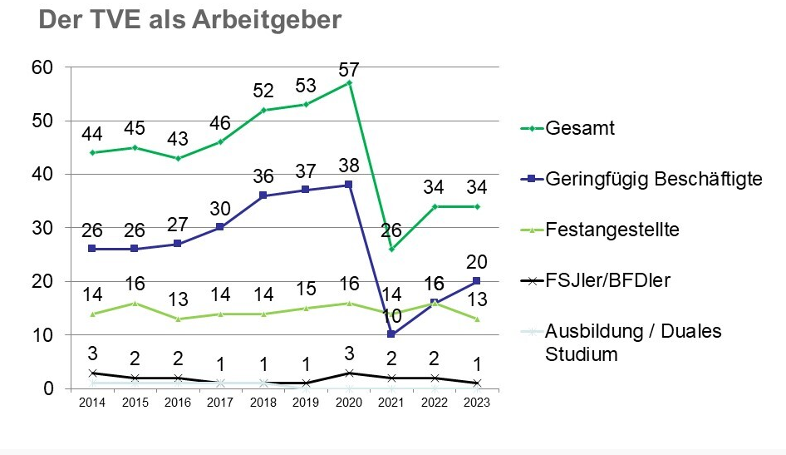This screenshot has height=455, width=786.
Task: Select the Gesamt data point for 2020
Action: coord(349,82)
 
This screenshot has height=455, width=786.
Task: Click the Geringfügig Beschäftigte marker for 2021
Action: coord(391,334)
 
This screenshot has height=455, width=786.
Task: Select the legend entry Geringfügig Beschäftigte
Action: coord(655,179)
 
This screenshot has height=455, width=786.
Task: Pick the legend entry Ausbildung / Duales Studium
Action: coord(633,343)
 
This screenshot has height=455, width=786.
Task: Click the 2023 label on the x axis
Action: coord(477,402)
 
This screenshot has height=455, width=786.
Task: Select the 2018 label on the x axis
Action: coord(263,402)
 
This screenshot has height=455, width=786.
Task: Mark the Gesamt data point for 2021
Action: coord(391,249)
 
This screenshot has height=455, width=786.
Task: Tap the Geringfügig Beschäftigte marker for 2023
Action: coord(477,281)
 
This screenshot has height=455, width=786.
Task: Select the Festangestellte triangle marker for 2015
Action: coord(134,303)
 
